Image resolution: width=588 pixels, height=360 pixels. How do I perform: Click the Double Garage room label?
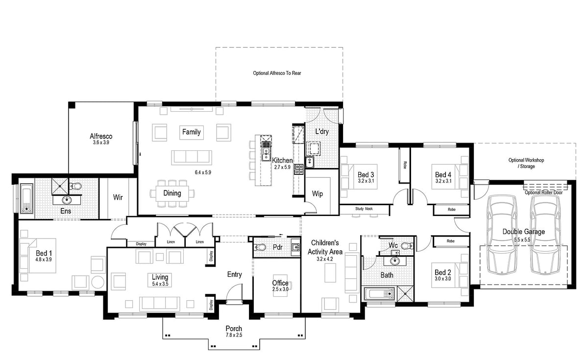coord(523,232)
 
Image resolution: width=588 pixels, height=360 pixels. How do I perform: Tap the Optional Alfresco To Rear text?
coord(277,73)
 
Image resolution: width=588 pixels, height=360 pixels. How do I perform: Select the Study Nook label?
coord(364,209)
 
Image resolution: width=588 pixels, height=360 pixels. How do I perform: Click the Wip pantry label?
coord(318,194)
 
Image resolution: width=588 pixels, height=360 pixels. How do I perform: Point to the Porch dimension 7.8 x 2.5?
coord(234,335)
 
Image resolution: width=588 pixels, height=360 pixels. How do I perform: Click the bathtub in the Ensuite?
coord(26,198)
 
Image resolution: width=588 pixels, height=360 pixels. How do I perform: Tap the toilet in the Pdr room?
coord(260,247)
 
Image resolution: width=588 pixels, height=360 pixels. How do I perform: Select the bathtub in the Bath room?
coord(380,294)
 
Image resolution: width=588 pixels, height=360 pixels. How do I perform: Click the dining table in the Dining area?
coord(172,193)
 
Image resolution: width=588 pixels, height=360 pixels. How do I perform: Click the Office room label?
coord(280,283)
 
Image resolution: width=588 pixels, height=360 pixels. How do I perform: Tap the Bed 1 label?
coord(44,253)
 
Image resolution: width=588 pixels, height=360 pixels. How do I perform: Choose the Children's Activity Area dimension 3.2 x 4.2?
coord(328,259)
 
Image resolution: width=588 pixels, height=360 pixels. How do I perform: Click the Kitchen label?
coord(282,160)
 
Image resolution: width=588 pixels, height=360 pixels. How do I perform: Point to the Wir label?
coord(118,197)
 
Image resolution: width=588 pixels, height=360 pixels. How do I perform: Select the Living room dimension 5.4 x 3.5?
coord(160,284)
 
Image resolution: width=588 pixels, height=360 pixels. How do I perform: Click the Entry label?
coord(234,274)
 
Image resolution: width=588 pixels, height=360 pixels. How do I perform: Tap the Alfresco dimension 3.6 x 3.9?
coord(100,143)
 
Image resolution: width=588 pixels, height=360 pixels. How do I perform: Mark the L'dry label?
coord(321,131)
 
